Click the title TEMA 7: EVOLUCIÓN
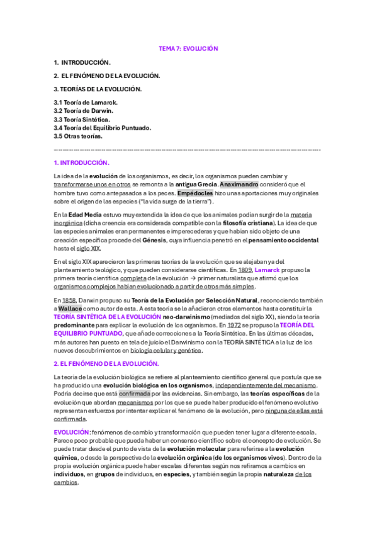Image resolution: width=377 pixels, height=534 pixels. [188, 48]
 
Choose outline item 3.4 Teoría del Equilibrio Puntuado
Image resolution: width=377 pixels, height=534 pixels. [103, 127]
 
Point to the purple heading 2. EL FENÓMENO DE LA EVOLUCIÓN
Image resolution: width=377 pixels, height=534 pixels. [106, 364]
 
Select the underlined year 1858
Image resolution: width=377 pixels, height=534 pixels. [69, 300]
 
